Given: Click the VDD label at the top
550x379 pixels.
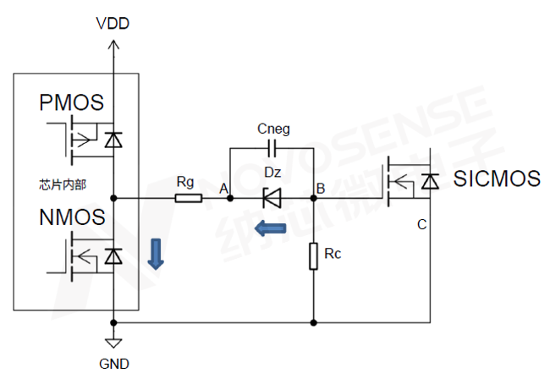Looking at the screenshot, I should coord(113,23).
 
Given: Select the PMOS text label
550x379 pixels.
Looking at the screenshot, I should coord(72,103).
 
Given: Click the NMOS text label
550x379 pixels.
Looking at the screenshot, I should coord(72,217).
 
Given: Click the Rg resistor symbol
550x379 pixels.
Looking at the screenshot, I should coord(188,199).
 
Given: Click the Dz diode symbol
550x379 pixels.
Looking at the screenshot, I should coord(272,199).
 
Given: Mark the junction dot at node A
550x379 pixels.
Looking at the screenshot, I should coord(230,199).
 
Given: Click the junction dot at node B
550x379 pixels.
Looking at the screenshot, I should coord(314,199).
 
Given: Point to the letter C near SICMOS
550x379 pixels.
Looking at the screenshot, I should coord(421,225).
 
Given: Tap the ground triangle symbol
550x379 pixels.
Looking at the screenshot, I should coord(113,342).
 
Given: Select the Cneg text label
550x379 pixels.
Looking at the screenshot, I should coord(272,129).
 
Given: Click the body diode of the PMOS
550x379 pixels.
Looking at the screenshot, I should coord(113,138).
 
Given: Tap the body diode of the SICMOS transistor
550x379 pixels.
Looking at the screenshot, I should coord(430,180).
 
